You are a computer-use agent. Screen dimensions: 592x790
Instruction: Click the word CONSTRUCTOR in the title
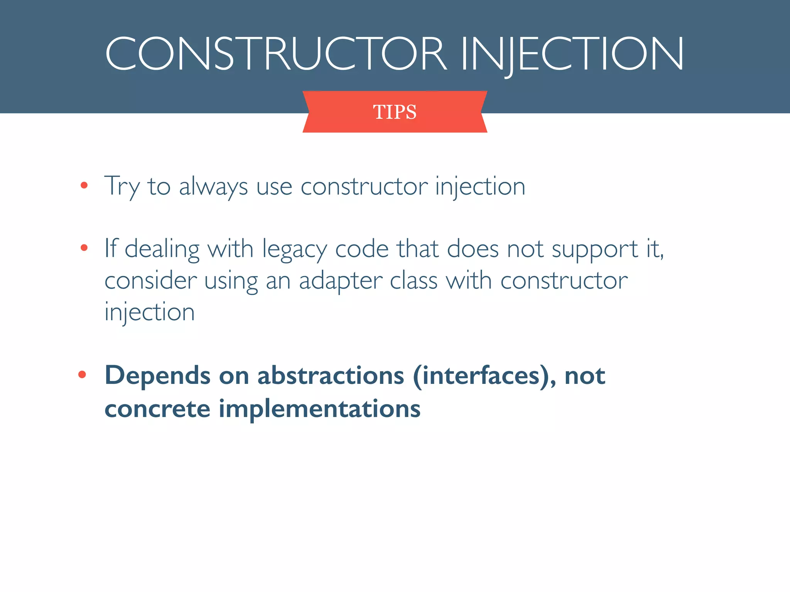point(275,54)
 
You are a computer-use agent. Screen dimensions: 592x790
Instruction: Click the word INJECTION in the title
point(572,54)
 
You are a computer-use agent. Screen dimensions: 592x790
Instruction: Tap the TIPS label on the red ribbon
point(395,112)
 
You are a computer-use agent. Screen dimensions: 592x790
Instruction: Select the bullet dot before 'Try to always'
point(84,186)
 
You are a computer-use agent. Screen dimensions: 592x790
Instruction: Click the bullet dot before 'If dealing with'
point(84,248)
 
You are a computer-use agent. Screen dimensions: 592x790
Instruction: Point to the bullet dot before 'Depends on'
point(82,374)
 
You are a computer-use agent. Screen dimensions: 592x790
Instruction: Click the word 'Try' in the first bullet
point(122,187)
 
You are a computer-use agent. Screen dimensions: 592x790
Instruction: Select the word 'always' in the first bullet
point(213,187)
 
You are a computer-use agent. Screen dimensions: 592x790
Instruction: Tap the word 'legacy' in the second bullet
point(295,249)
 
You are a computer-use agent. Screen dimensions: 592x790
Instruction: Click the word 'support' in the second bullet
point(594,249)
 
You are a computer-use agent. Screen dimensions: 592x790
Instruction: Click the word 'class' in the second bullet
point(414,280)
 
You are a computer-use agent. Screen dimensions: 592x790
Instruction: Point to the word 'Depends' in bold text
point(157,376)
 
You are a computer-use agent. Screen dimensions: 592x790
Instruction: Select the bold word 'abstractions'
point(331,375)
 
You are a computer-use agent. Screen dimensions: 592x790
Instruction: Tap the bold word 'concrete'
point(157,409)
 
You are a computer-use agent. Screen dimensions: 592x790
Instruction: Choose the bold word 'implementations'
point(319,409)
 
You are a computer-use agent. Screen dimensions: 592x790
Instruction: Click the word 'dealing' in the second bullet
point(162,249)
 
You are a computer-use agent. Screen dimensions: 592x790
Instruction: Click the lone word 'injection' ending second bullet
point(150,312)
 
